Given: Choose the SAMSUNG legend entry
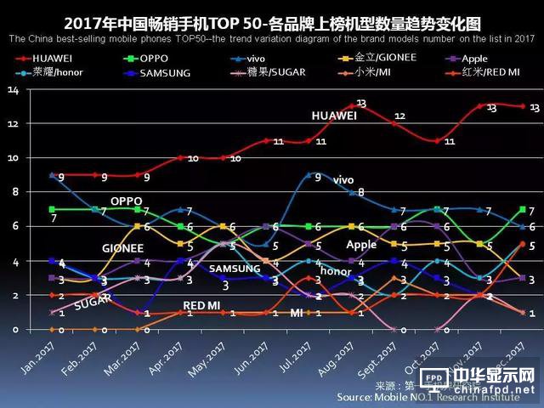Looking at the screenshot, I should (154, 73).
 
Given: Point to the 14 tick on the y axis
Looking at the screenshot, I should (13, 90).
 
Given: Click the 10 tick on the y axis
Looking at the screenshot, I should (13, 158).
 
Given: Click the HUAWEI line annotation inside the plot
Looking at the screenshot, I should (334, 116).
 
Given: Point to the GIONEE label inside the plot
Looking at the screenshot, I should (122, 248).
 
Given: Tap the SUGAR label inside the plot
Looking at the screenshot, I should (93, 302).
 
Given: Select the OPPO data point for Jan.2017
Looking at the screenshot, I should (53, 209).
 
